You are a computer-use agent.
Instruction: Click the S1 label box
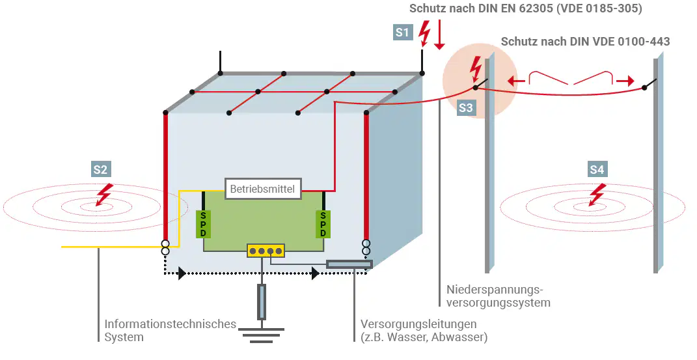pos(402,33)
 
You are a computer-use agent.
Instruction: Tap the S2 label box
pos(100,169)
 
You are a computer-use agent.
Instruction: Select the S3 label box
pos(466,108)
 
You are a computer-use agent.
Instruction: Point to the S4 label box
pos(597,169)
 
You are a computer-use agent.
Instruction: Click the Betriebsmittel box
pos(263,189)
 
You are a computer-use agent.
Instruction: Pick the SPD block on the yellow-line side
pos(203,224)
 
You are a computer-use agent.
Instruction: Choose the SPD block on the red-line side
pos(323,224)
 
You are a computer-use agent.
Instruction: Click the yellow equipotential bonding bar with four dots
pos(266,251)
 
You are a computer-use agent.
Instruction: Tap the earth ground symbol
pos(262,335)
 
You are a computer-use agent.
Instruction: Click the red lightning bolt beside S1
pos(426,33)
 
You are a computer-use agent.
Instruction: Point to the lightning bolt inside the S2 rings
pos(104,195)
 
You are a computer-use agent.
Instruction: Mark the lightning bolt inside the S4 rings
pos(597,195)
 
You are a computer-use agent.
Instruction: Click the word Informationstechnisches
pos(171,324)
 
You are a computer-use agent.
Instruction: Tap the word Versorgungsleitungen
pos(418,324)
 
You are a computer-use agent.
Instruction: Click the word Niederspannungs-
pos(495,290)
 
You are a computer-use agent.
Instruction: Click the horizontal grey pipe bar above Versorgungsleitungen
pos(349,264)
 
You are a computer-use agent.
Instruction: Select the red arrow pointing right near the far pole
pos(625,81)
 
